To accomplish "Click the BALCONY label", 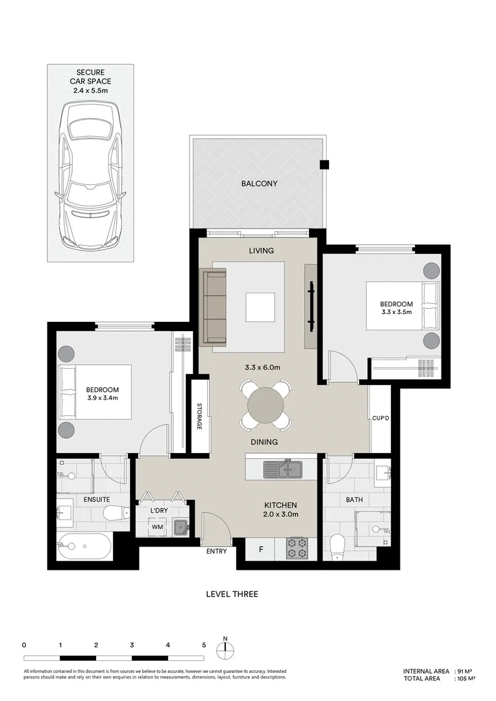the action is [260, 183].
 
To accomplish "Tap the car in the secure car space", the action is [90, 176].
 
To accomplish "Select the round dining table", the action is [266, 405].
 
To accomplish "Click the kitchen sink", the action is [282, 469].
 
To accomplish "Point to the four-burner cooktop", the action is [297, 548].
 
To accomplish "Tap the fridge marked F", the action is [261, 550].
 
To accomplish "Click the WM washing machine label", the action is [157, 527].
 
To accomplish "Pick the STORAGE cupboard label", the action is [199, 416].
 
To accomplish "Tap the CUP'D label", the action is [380, 419].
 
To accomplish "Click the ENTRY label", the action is [216, 551].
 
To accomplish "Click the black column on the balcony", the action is [324, 164].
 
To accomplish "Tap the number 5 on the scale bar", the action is [204, 645].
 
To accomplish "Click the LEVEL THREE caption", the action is [232, 594].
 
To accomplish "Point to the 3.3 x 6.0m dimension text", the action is [262, 367].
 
